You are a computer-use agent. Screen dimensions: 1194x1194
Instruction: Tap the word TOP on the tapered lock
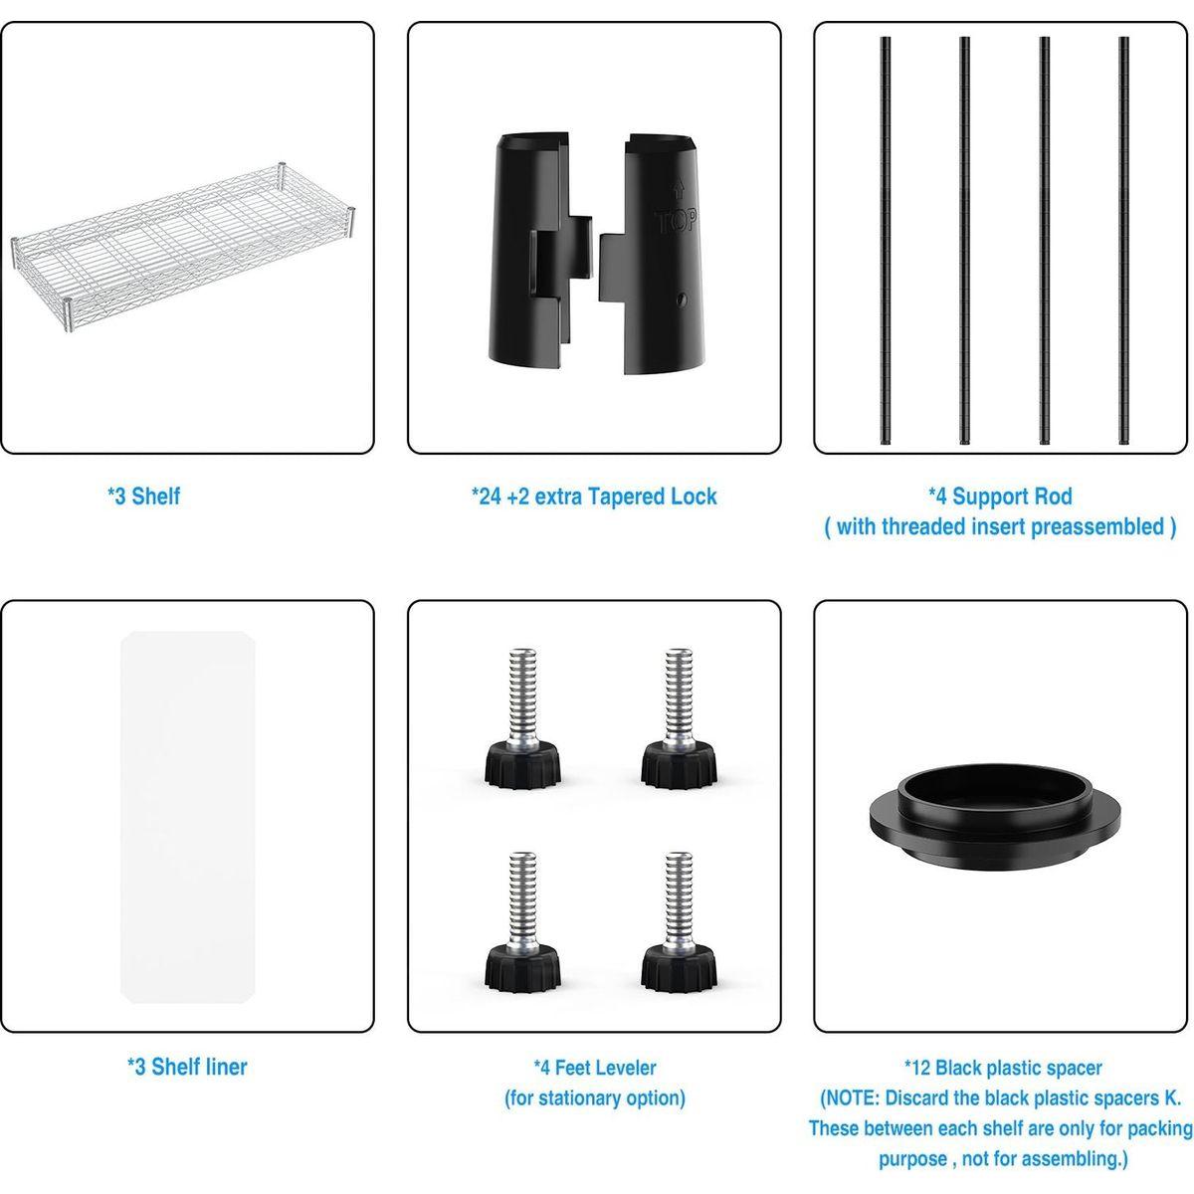coord(676,221)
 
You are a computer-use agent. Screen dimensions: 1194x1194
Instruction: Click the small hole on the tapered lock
coord(683,299)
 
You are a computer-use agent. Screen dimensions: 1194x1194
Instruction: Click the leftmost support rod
coord(886,241)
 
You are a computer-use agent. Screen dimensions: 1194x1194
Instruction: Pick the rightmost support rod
coord(1123,241)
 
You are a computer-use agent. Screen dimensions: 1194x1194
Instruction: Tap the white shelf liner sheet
coord(188,786)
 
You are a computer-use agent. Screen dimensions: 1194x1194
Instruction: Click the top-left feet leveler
coord(522,718)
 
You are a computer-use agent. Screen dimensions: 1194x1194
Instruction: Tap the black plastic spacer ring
coord(994,816)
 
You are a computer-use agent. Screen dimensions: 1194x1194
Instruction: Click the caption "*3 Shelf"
coord(143,497)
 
